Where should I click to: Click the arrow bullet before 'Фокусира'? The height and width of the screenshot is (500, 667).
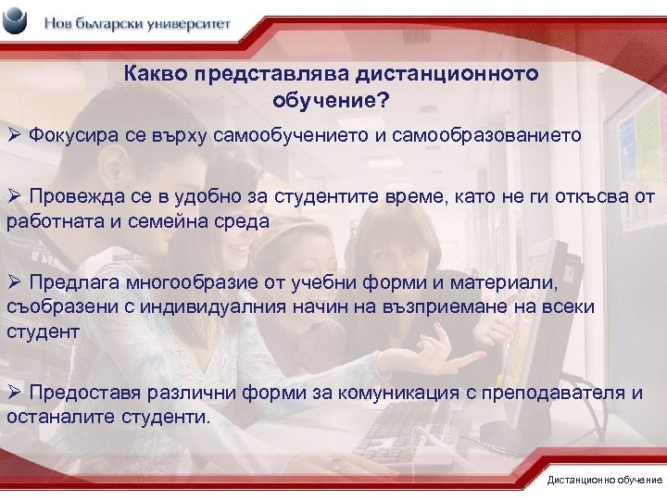pyautogui.click(x=14, y=136)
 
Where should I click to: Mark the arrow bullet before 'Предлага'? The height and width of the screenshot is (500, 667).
pyautogui.click(x=14, y=281)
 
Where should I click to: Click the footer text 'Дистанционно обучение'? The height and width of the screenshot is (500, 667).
pyautogui.click(x=604, y=480)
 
